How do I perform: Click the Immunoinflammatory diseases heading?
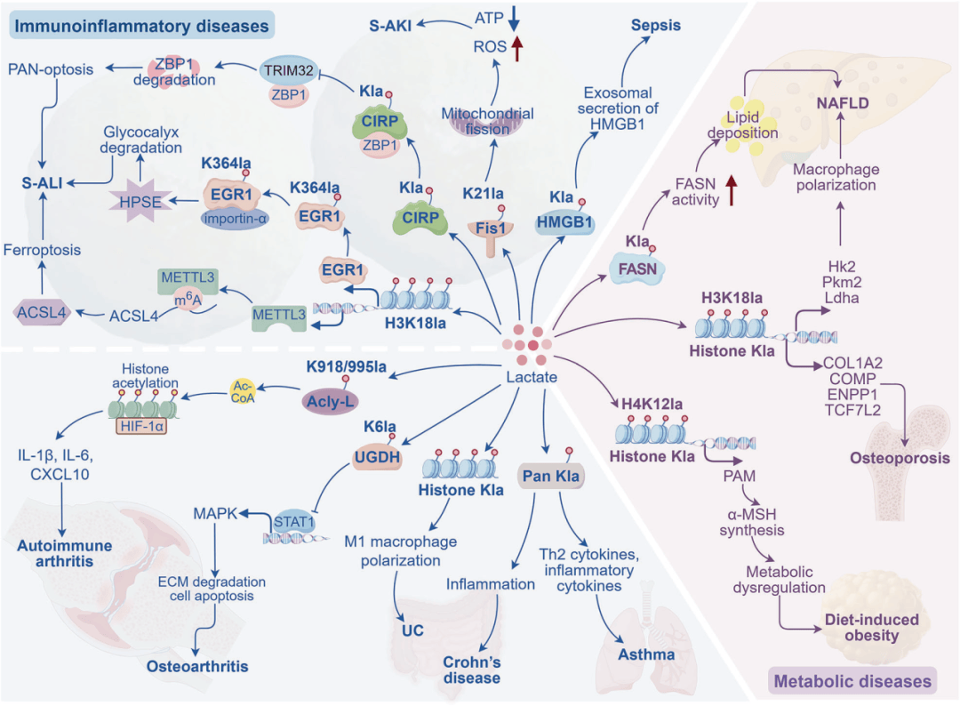click(x=141, y=26)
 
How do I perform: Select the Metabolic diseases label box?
click(x=852, y=681)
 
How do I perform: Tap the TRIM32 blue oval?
click(x=288, y=71)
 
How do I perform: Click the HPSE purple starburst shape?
click(x=140, y=202)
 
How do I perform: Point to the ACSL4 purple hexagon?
click(x=41, y=312)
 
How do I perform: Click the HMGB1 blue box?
click(x=564, y=222)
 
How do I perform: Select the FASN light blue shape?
click(x=637, y=269)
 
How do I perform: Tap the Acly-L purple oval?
click(x=331, y=402)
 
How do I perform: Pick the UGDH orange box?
click(x=377, y=457)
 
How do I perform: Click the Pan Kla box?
click(x=551, y=476)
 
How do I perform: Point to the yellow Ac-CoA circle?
click(x=243, y=392)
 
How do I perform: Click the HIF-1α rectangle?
click(x=141, y=426)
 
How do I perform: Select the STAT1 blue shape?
click(x=294, y=522)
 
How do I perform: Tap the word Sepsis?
click(x=656, y=25)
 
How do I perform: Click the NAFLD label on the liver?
click(x=843, y=103)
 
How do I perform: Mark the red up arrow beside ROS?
click(x=516, y=48)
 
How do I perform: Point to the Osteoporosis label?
click(x=900, y=458)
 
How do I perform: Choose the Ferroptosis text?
click(x=43, y=250)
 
